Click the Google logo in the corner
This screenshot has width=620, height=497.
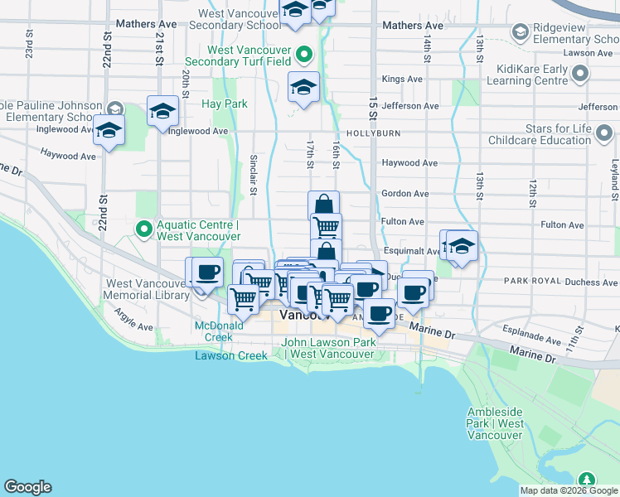[27, 487]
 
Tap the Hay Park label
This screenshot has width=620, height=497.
[225, 104]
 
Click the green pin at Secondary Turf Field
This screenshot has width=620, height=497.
[304, 55]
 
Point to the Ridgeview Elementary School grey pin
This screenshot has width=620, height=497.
[521, 32]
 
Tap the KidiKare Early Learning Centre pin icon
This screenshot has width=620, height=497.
[580, 75]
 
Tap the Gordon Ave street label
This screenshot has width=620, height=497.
[404, 193]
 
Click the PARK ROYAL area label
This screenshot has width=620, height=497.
[526, 282]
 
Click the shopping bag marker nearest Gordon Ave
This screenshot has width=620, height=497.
[324, 205]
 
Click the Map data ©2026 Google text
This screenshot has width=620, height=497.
[569, 490]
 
